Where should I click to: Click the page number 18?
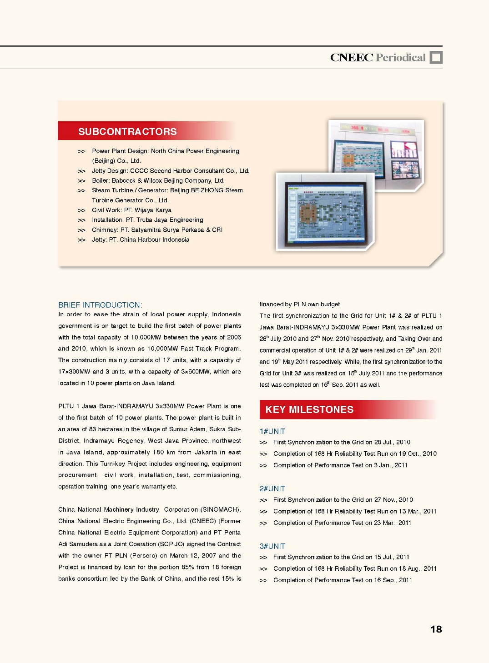[x=436, y=629]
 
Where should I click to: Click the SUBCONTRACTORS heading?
[x=127, y=132]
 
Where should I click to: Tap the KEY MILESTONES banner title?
[x=309, y=409]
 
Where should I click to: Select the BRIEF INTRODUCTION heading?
[x=100, y=305]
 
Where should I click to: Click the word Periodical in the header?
[x=401, y=58]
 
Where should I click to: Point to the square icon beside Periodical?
[x=436, y=58]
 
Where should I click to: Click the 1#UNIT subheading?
[x=272, y=431]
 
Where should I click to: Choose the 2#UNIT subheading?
[x=272, y=489]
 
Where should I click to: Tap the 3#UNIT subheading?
[x=272, y=546]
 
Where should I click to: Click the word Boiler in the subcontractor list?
[x=100, y=180]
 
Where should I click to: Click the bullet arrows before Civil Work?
[x=81, y=210]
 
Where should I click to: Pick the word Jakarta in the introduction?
[x=205, y=453]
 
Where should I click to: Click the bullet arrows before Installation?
[x=81, y=220]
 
